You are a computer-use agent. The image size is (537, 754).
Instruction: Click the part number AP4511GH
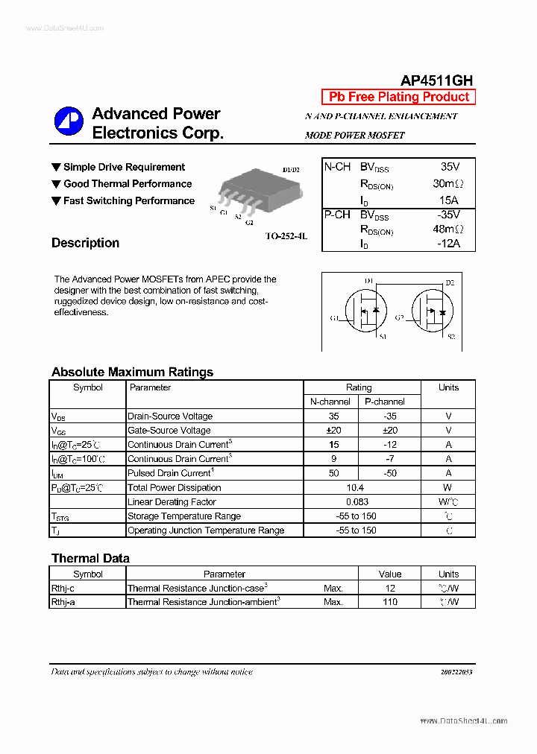click(436, 80)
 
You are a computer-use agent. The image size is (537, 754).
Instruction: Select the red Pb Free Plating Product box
click(398, 97)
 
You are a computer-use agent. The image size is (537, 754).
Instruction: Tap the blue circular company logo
click(69, 122)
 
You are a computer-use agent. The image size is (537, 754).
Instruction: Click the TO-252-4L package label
click(286, 235)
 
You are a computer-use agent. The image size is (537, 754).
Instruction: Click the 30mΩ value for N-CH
click(447, 183)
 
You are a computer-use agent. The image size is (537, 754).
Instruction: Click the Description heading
click(85, 243)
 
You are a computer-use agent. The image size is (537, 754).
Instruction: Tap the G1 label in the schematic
click(334, 318)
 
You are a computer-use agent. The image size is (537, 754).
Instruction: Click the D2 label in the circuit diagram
click(450, 282)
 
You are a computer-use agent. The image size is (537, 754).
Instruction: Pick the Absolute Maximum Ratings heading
click(132, 372)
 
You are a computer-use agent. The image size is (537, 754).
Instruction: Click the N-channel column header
click(330, 402)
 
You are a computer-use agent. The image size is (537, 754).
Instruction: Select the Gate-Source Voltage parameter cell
click(169, 431)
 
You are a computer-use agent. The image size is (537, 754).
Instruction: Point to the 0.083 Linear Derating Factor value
click(357, 502)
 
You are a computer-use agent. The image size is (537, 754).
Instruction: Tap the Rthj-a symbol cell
click(63, 602)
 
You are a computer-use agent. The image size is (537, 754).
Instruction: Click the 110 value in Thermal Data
click(389, 602)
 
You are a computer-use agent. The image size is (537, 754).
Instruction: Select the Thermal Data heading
click(90, 558)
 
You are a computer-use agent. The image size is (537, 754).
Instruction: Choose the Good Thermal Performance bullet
click(127, 184)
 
